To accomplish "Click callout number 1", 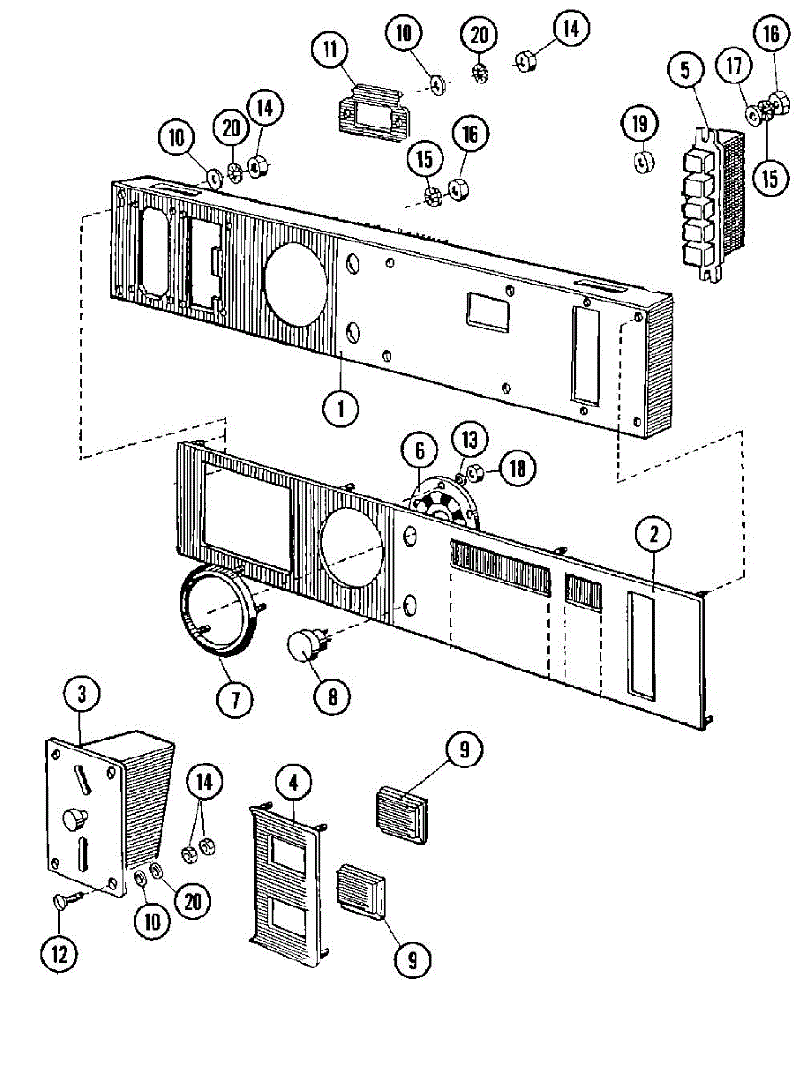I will click(x=341, y=410).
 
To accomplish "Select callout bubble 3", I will click(x=82, y=694).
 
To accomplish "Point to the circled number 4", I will click(x=293, y=783).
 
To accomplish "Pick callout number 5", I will click(x=686, y=71).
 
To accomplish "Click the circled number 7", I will click(x=235, y=697).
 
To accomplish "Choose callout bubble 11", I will click(x=331, y=48).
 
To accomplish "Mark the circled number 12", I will click(x=58, y=954).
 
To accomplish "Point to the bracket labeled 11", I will click(x=371, y=115).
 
